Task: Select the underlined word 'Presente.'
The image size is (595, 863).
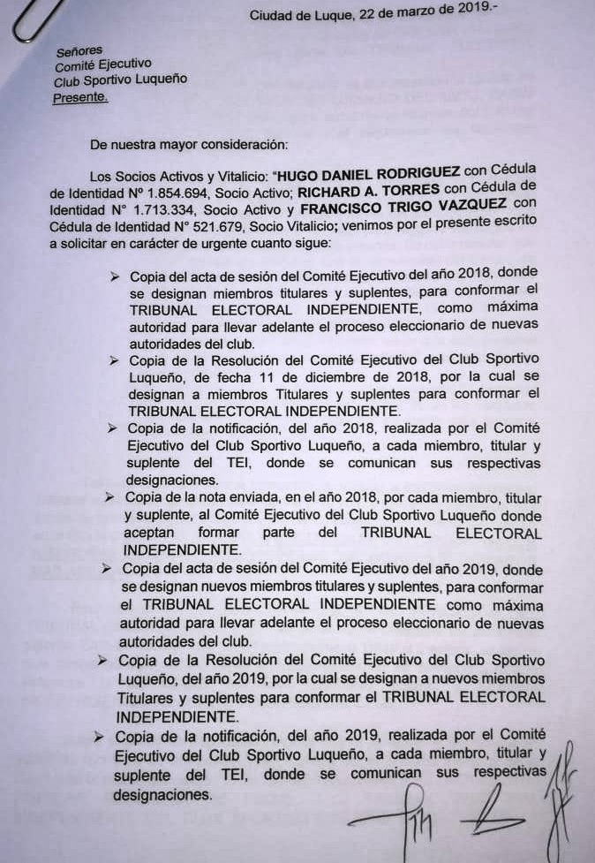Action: pos(80,97)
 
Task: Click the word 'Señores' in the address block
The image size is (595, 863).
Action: pos(79,52)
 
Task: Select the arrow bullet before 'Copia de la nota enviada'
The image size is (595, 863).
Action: pos(109,498)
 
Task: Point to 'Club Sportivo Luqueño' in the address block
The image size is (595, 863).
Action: pos(121,80)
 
